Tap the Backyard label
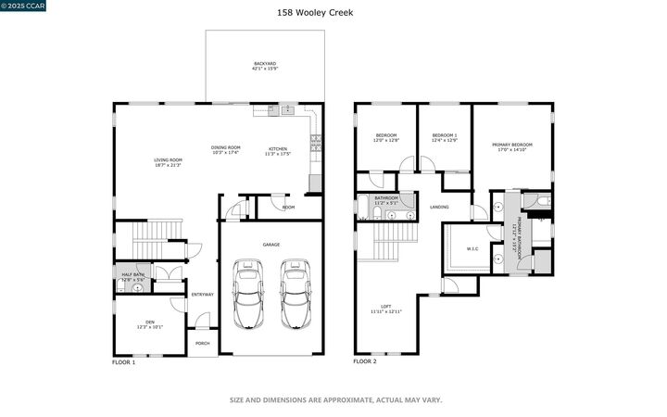[x=265, y=66]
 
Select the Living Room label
[x=169, y=162]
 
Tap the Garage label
[x=271, y=245]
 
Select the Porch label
[x=202, y=343]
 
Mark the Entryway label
[x=202, y=295]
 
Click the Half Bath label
[x=132, y=276]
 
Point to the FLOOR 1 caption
[x=124, y=362]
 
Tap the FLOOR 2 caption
[x=365, y=362]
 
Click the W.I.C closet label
[x=472, y=248]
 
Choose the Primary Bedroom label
[x=512, y=146]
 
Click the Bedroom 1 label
[x=445, y=138]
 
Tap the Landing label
[x=439, y=207]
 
